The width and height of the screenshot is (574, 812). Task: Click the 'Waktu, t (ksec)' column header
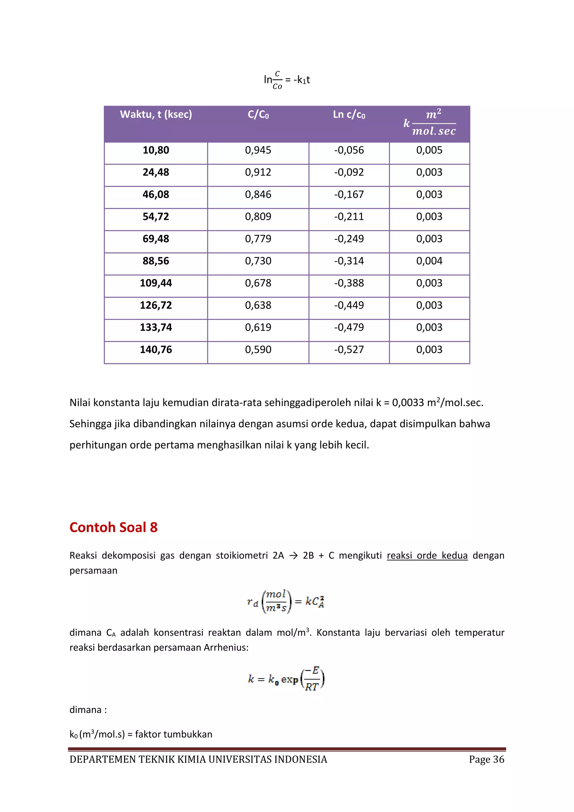(156, 114)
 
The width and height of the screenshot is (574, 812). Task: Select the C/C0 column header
(258, 114)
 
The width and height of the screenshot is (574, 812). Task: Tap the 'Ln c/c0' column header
(349, 114)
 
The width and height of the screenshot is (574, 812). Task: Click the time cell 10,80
(156, 150)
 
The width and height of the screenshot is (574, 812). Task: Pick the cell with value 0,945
(258, 150)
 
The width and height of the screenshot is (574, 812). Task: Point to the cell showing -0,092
(349, 172)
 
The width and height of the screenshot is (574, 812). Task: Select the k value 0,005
(429, 150)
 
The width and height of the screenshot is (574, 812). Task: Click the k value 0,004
(429, 261)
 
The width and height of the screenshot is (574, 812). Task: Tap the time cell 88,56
(156, 261)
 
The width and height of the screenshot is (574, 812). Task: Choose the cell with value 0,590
(258, 350)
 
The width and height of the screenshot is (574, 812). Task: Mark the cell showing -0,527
(349, 350)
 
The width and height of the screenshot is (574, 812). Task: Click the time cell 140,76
(156, 350)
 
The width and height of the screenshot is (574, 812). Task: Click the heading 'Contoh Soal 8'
(114, 527)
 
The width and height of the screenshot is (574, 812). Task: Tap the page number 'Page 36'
(486, 759)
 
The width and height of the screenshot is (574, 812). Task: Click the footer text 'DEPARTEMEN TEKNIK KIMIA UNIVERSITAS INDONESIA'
(198, 759)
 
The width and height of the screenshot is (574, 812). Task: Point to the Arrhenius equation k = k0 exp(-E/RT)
(286, 679)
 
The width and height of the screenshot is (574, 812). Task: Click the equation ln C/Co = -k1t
(287, 80)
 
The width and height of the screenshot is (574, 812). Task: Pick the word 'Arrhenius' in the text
(226, 647)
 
